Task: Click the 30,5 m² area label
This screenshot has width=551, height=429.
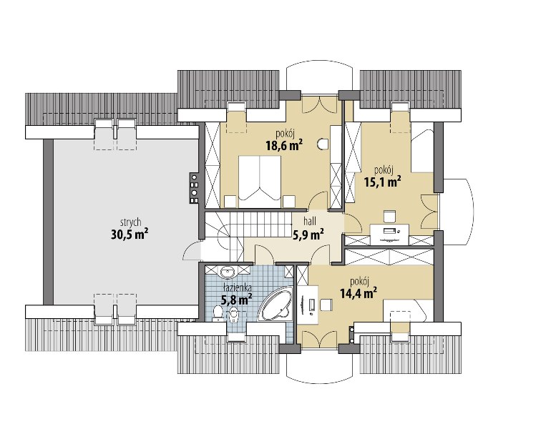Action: click(130, 234)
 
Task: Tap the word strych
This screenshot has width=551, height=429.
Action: click(130, 222)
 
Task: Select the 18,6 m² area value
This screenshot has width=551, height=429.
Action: click(284, 145)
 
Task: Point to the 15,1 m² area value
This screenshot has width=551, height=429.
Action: click(383, 182)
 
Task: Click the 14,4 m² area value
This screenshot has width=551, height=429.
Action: click(359, 292)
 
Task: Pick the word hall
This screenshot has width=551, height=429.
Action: click(310, 221)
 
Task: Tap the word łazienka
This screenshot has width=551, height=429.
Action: click(237, 288)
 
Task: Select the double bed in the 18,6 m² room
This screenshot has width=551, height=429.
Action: click(260, 182)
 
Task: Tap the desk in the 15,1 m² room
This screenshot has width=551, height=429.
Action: click(390, 234)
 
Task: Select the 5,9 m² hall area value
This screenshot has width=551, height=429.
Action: click(308, 234)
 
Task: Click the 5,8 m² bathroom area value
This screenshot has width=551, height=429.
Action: click(236, 300)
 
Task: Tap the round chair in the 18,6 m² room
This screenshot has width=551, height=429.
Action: click(323, 143)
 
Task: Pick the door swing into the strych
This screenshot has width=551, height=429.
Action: click(192, 251)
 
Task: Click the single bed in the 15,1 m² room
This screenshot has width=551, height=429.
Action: click(422, 151)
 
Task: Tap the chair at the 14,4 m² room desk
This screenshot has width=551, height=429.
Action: click(326, 304)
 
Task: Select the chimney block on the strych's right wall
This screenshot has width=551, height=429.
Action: click(195, 188)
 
